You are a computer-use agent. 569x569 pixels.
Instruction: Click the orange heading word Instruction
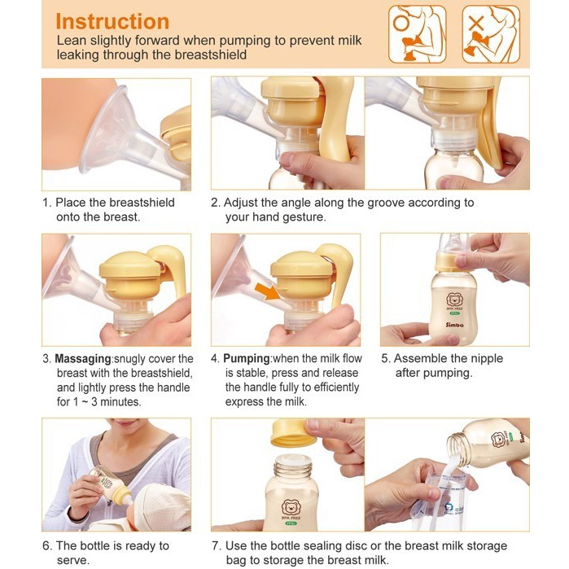[112, 21]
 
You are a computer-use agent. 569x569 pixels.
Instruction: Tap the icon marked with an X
[490, 34]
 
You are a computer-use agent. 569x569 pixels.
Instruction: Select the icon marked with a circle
[417, 34]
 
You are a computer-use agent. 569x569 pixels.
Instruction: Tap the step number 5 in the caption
[385, 359]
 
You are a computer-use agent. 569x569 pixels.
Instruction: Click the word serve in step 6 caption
[72, 560]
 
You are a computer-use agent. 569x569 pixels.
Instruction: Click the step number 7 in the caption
[215, 545]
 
